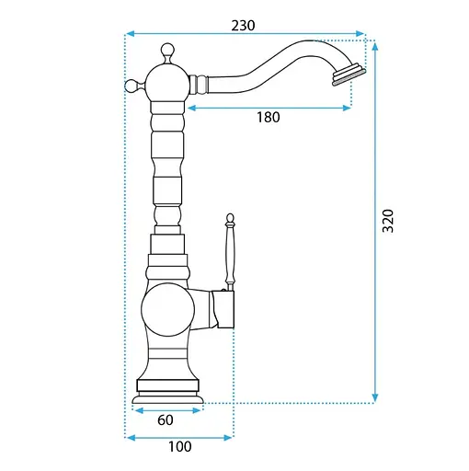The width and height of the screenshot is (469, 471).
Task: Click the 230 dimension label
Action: [x=243, y=26]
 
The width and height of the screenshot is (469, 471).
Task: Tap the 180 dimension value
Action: [x=269, y=117]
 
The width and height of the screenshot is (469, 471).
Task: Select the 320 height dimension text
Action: [x=388, y=221]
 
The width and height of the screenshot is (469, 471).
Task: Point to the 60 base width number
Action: [x=166, y=419]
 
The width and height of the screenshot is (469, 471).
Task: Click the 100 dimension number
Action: [x=180, y=446]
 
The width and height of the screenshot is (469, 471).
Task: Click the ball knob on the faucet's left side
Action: [x=132, y=86]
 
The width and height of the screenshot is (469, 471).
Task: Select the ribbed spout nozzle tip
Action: [x=349, y=75]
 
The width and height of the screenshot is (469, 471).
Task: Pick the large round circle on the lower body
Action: [x=167, y=310]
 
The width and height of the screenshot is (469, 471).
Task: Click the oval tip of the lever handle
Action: [x=230, y=218]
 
